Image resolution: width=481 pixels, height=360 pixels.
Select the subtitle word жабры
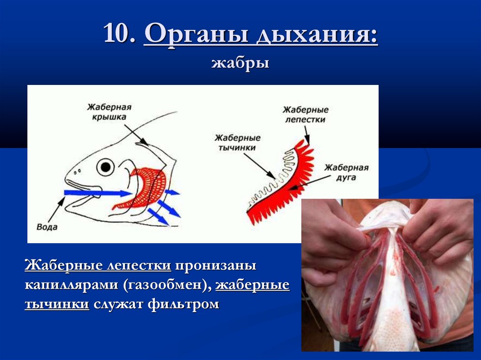point(240,62)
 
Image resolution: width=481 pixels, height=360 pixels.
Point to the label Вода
point(47,227)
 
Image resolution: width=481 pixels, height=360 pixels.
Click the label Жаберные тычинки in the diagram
point(238,143)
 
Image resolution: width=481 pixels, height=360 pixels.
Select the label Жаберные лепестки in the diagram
point(305,115)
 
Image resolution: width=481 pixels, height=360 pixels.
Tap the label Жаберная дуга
point(347,173)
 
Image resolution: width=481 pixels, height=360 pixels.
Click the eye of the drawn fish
point(106,166)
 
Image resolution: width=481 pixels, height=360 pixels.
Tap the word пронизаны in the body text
point(216,266)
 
